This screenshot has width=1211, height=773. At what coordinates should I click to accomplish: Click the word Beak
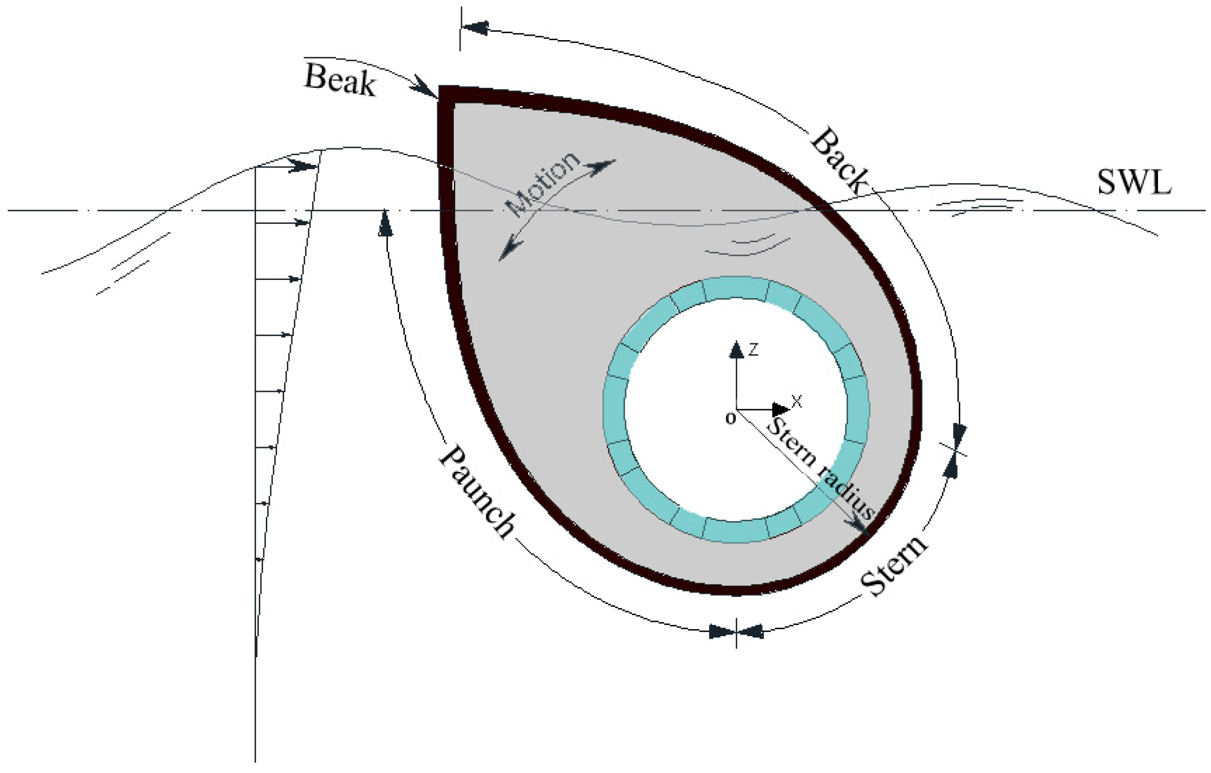pyautogui.click(x=340, y=81)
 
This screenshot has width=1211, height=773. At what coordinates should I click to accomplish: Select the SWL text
pyautogui.click(x=1134, y=182)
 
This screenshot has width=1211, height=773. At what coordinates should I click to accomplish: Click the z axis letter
pyautogui.click(x=753, y=349)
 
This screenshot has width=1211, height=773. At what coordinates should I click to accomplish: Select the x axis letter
pyautogui.click(x=797, y=401)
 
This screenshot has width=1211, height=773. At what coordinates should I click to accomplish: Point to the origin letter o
pyautogui.click(x=730, y=418)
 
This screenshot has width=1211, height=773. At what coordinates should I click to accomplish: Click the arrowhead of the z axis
pyautogui.click(x=736, y=349)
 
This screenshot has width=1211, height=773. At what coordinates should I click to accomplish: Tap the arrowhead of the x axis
pyautogui.click(x=780, y=409)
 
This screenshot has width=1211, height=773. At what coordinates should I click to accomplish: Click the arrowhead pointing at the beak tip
pyautogui.click(x=425, y=89)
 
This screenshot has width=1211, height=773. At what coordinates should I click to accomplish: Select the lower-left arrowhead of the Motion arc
pyautogui.click(x=510, y=250)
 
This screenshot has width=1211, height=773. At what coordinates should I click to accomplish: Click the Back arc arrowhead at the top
pyautogui.click(x=475, y=28)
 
